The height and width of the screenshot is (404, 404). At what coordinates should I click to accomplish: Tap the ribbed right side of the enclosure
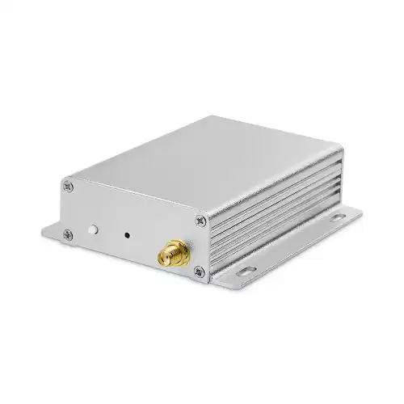click(x=275, y=210)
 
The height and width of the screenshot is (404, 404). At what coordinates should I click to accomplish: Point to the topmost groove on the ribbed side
click(x=275, y=188)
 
